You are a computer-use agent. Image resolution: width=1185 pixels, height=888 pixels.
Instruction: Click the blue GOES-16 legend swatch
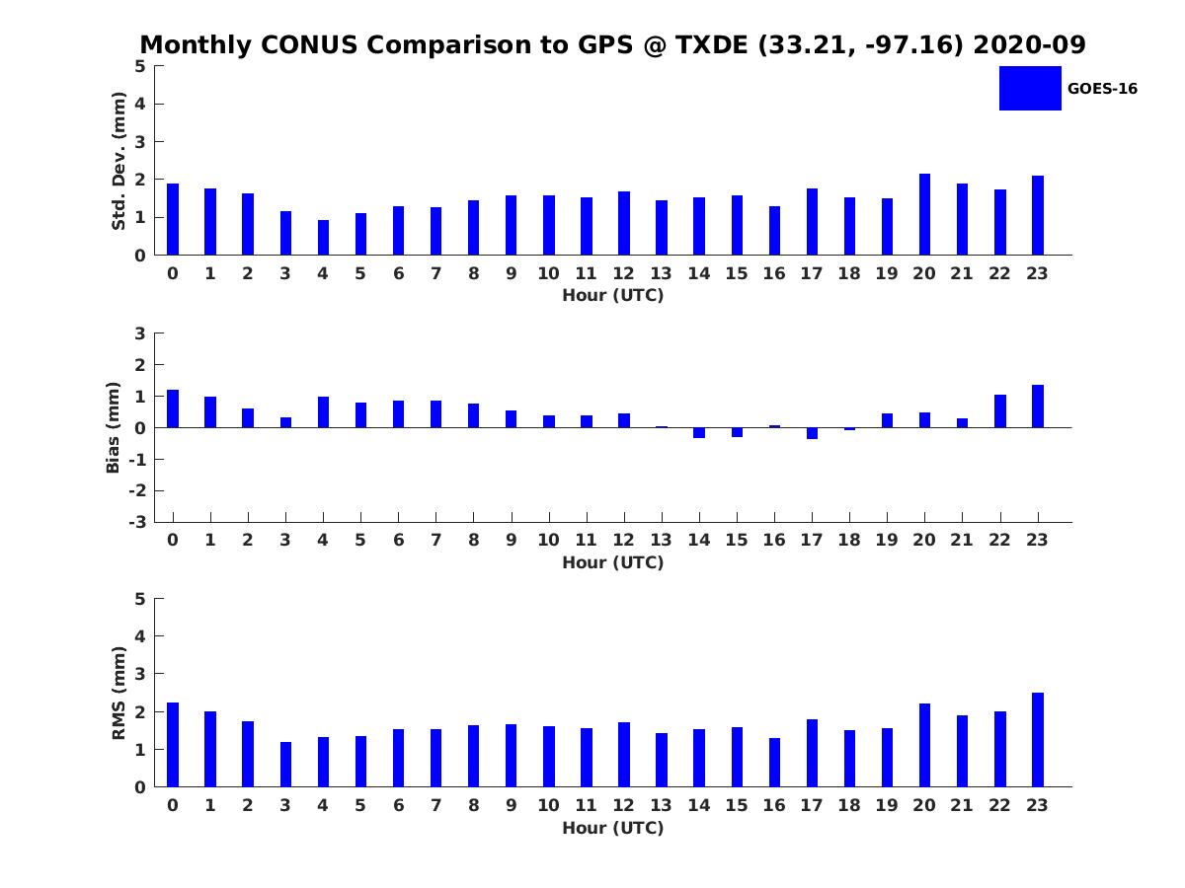tap(1030, 89)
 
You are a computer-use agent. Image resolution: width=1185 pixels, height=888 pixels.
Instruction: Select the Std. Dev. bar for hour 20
tap(924, 214)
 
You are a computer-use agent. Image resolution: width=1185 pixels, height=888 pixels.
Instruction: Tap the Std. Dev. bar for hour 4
tap(323, 237)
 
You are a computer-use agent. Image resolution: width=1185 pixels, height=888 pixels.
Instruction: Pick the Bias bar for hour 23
tap(1037, 406)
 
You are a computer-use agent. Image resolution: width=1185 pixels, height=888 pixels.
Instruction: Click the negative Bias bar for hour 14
tap(698, 433)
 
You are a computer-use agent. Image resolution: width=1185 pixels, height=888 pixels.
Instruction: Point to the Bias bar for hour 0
tap(172, 408)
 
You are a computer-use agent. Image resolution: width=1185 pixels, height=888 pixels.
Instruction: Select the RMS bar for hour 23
tap(1037, 740)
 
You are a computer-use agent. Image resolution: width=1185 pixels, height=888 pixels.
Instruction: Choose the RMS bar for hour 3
tap(285, 765)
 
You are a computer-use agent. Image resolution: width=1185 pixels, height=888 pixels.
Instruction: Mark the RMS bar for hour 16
tap(774, 763)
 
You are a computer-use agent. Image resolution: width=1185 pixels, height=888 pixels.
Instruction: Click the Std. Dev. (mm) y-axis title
tap(118, 161)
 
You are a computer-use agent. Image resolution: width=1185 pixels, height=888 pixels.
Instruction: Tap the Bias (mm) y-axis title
tap(113, 427)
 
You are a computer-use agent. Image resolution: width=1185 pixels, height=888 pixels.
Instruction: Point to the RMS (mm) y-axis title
tap(118, 693)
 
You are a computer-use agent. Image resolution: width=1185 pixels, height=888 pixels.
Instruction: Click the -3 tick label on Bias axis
tap(137, 522)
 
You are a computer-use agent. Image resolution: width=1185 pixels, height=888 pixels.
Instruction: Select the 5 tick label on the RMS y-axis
tap(140, 599)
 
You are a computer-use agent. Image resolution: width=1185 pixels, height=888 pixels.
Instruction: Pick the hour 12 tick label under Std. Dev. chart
tap(623, 273)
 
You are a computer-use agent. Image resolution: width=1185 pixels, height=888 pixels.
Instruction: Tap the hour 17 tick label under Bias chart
tap(811, 540)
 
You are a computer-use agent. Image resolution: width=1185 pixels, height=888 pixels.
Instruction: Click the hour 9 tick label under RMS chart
tap(511, 805)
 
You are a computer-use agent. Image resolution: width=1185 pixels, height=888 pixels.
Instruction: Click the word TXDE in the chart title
tap(712, 44)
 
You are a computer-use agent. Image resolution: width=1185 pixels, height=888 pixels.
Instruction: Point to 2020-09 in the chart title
tap(1029, 44)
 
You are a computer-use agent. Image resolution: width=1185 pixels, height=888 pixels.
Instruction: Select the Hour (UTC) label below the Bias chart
tap(613, 562)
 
